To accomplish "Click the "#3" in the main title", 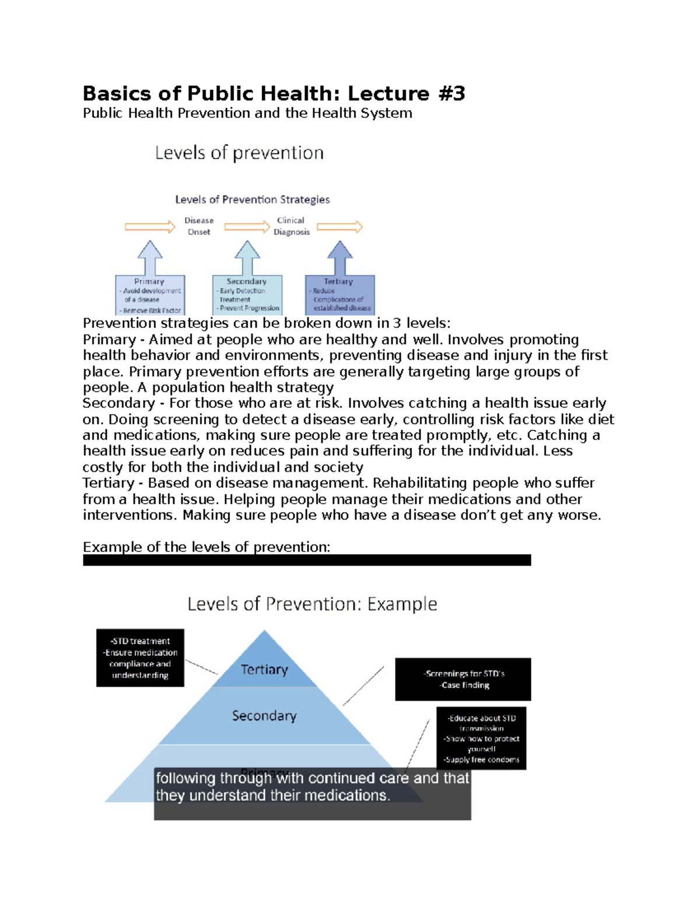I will click(x=450, y=93).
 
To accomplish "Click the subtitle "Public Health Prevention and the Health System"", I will click(x=247, y=113).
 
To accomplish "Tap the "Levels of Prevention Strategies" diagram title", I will click(x=252, y=200).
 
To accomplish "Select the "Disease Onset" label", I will click(x=199, y=226).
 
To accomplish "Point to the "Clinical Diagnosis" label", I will click(x=291, y=226).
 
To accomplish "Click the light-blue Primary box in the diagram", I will click(x=150, y=295).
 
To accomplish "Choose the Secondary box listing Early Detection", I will click(x=247, y=295).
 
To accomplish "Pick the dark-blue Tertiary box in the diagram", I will click(x=339, y=295).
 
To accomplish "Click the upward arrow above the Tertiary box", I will click(x=339, y=257).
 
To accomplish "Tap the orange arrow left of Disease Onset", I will click(x=150, y=227).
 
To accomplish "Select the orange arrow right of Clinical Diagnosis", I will click(x=339, y=227).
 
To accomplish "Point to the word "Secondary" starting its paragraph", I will click(x=118, y=403).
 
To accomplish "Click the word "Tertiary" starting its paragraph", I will click(x=108, y=483).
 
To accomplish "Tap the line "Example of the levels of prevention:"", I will click(x=206, y=547).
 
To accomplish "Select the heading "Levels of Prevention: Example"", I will click(x=312, y=604).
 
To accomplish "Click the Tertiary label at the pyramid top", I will click(x=264, y=670).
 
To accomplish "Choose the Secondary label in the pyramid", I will click(x=264, y=716).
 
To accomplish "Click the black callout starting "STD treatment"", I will click(x=140, y=658).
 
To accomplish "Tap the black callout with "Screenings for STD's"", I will click(x=463, y=679).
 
